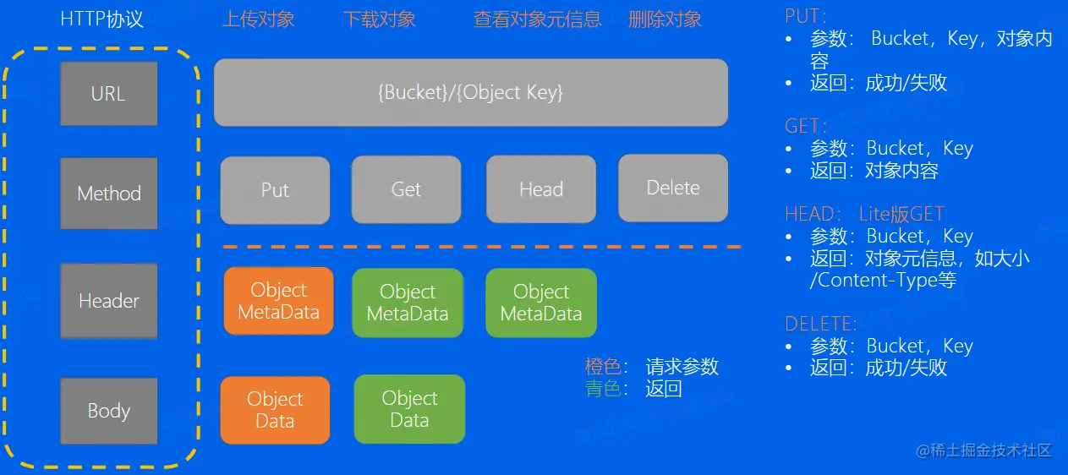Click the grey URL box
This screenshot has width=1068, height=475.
(108, 93)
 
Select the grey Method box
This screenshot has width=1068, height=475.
(108, 193)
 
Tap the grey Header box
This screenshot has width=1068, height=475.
(108, 300)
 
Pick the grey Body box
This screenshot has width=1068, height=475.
(108, 411)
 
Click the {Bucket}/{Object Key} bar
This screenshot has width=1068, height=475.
(470, 92)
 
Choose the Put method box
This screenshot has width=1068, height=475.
(275, 190)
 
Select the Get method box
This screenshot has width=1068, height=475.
(406, 189)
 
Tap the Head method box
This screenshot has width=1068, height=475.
(540, 189)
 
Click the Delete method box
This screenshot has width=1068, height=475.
(672, 188)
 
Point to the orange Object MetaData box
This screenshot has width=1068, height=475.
(278, 301)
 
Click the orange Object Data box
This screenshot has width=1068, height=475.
(275, 410)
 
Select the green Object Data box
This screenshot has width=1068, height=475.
(409, 409)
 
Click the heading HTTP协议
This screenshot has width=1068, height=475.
(102, 19)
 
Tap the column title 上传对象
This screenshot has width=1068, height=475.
(259, 19)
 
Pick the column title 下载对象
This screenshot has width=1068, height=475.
(380, 19)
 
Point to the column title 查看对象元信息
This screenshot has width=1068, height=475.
(538, 19)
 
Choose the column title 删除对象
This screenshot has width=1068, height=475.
(665, 19)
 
